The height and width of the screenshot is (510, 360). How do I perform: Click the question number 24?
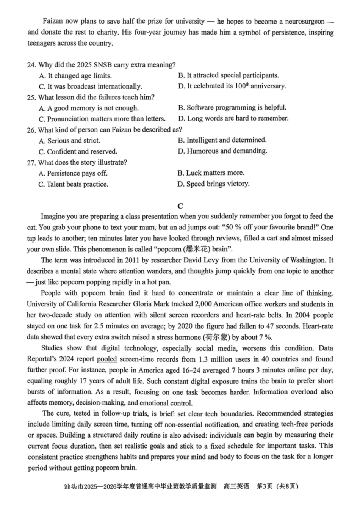31,65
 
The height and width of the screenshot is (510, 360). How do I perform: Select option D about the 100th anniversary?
232,86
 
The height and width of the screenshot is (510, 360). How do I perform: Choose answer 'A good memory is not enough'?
89,108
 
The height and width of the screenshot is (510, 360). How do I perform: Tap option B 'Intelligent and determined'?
222,140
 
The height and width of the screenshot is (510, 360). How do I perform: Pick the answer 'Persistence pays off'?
73,173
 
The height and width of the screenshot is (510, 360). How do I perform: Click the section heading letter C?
180,206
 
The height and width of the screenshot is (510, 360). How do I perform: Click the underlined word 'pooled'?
107,359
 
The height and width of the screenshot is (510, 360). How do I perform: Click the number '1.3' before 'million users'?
203,359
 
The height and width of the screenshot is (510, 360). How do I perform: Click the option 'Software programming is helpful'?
232,108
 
